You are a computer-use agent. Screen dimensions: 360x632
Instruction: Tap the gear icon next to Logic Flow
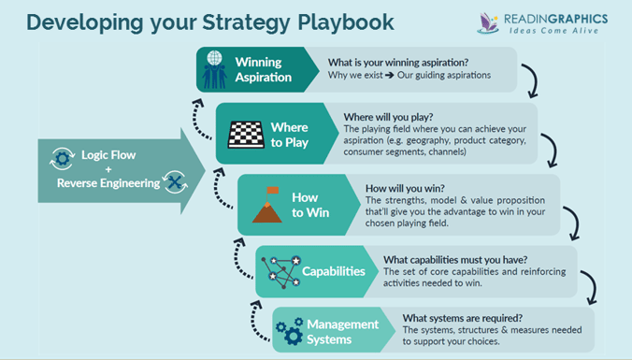[63, 157]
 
